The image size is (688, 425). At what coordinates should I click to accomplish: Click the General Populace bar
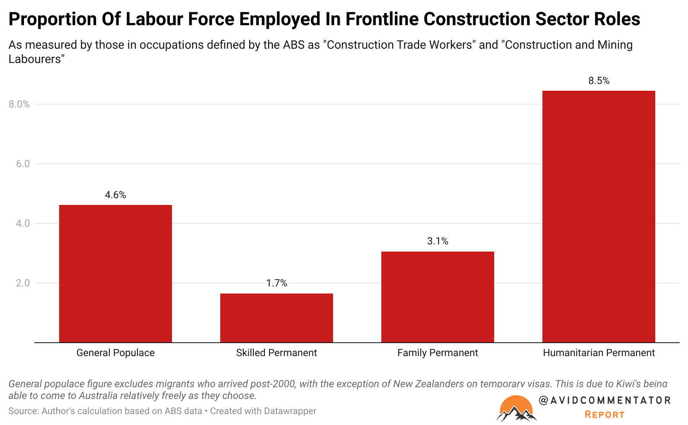click(115, 273)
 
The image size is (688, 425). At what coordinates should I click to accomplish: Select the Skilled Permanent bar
click(276, 318)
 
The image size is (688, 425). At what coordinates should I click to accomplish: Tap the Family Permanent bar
click(438, 297)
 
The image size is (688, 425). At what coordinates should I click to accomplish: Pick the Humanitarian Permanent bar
click(599, 216)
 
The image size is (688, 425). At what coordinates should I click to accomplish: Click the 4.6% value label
click(115, 195)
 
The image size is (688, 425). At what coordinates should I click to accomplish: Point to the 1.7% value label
click(276, 283)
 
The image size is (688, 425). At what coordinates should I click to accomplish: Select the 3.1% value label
click(438, 241)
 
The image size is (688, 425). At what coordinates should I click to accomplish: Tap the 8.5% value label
click(599, 81)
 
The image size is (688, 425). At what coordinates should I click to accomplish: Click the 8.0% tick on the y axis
click(19, 104)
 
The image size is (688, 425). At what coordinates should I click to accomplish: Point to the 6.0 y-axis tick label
click(23, 164)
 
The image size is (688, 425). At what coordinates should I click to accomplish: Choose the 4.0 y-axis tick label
click(23, 223)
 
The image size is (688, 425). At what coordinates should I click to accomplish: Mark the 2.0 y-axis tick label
click(23, 283)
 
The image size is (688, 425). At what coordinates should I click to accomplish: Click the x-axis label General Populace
click(115, 353)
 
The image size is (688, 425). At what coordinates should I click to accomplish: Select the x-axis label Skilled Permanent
click(276, 353)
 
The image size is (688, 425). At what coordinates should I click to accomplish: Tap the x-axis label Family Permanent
click(438, 353)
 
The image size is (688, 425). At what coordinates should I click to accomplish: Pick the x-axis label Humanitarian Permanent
click(599, 353)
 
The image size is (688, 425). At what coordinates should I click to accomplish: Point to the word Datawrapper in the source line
click(290, 411)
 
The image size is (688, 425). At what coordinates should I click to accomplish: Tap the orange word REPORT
click(605, 415)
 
